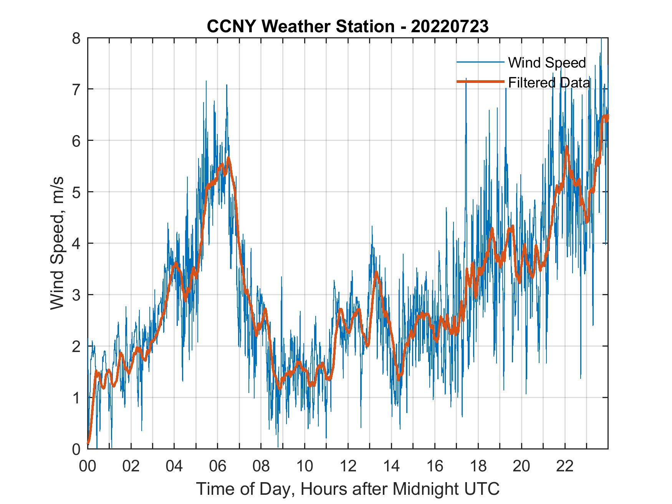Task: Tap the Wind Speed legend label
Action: [x=547, y=63]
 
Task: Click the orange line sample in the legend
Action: [x=480, y=82]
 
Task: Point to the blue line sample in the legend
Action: [x=480, y=62]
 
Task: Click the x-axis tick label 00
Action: [x=88, y=467]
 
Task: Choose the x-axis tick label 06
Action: [x=218, y=467]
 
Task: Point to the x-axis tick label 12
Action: [x=348, y=467]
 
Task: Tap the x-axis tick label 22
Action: [x=565, y=467]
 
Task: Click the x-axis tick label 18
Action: [x=478, y=467]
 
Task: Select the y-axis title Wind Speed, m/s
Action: [x=57, y=243]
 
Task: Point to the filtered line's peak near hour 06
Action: [x=228, y=158]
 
